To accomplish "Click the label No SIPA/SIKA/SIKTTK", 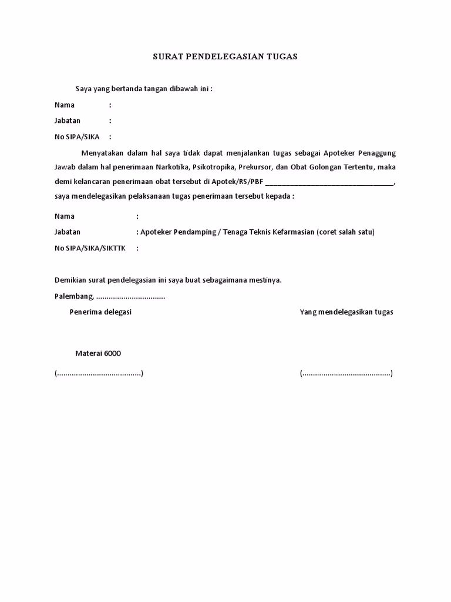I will click(x=90, y=248).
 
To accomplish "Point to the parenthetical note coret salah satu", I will click(x=345, y=232).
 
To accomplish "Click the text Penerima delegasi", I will click(x=100, y=312).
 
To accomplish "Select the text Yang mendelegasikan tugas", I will click(x=346, y=312).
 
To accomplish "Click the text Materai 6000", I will click(x=98, y=353).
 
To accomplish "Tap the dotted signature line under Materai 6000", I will click(x=99, y=374).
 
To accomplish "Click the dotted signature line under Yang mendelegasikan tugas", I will click(x=346, y=374).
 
